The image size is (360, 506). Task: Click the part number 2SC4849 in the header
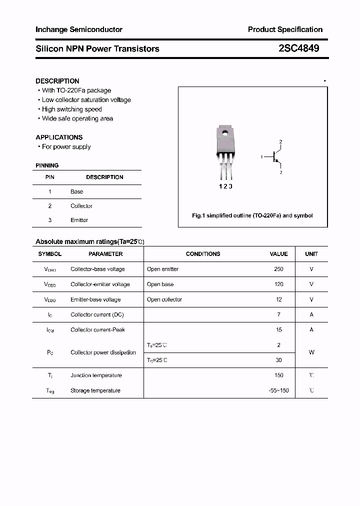[298, 48]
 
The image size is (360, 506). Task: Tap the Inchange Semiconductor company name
[79, 29]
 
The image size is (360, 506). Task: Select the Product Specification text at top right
[285, 29]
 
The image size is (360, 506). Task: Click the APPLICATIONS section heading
[59, 137]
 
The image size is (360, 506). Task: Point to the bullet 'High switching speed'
[71, 109]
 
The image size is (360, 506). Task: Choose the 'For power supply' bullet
[66, 146]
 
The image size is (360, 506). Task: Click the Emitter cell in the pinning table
[79, 220]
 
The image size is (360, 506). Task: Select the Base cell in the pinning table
[76, 191]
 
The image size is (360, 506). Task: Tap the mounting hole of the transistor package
[225, 133]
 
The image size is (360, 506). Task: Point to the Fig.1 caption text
[252, 215]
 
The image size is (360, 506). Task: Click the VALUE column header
[278, 254]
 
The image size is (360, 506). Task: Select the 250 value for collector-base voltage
[278, 269]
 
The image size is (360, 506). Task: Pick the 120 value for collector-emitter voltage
[278, 284]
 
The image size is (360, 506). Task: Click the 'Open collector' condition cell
[164, 299]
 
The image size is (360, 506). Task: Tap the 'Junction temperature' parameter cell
[96, 375]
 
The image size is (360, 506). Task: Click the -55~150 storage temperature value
[278, 390]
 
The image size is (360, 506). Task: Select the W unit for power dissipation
[311, 352]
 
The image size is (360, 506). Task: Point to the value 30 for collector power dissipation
[278, 360]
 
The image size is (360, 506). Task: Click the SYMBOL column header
[49, 254]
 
